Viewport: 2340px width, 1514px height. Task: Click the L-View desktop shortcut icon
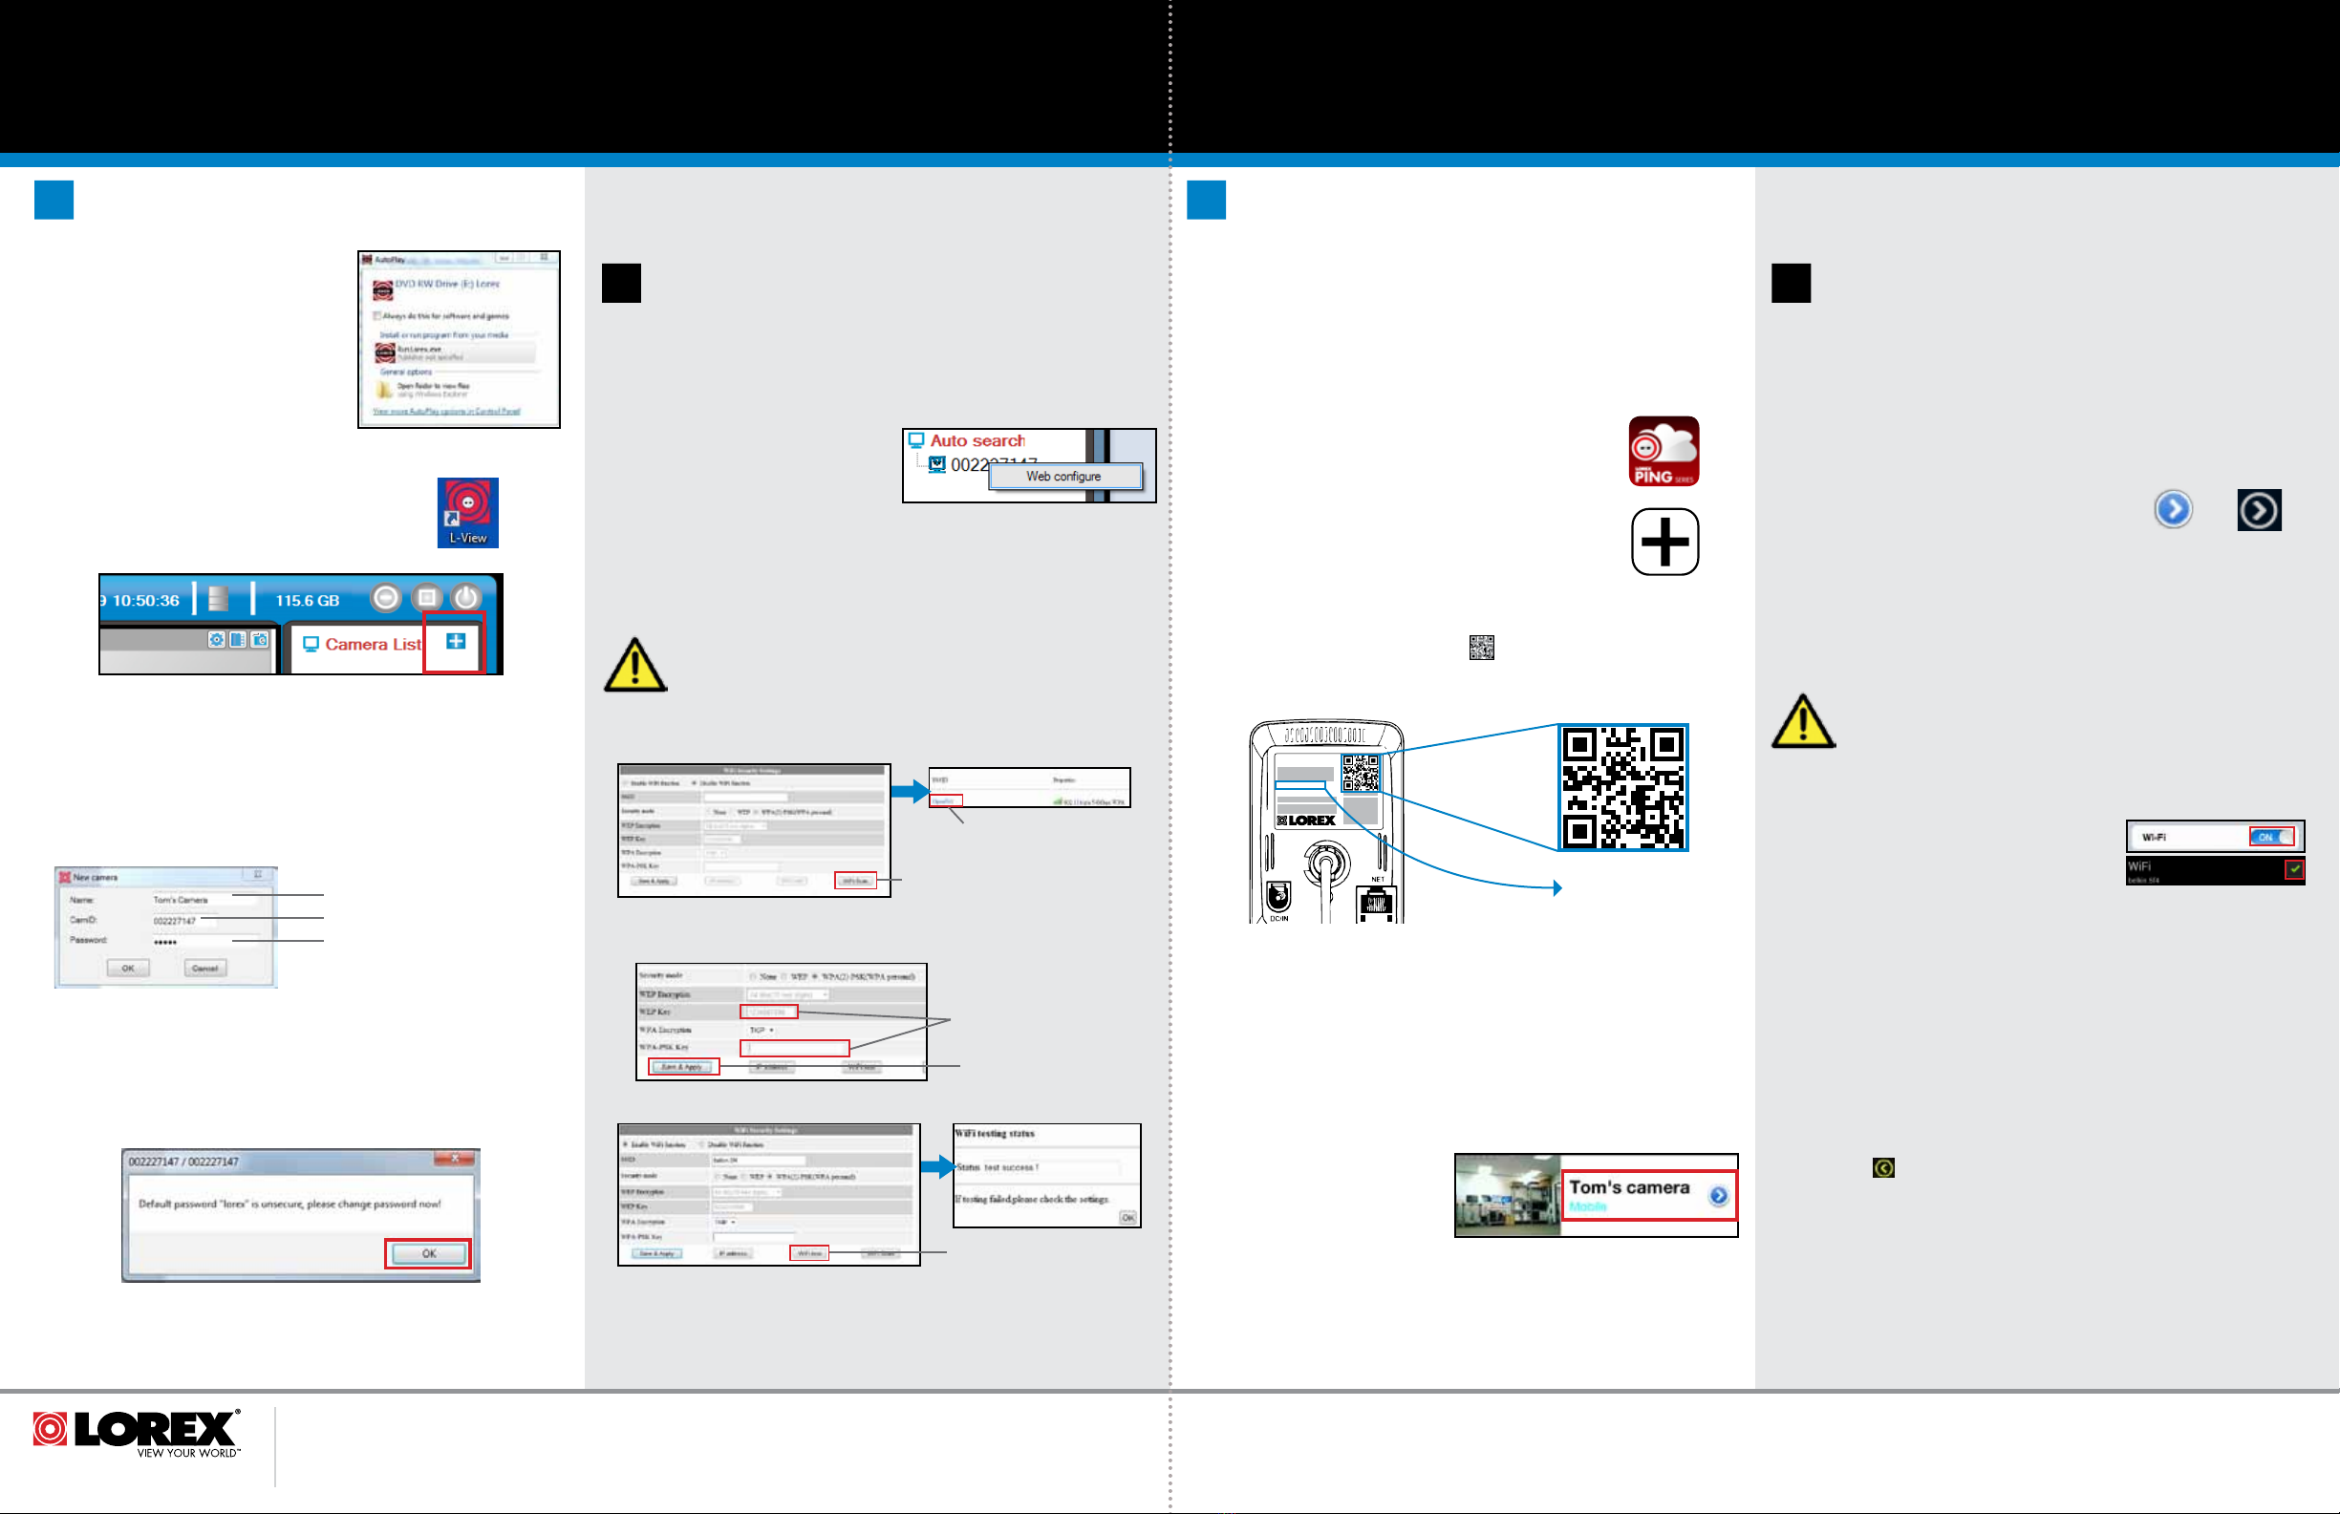[x=467, y=512]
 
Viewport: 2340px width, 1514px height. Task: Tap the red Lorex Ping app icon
[x=1664, y=451]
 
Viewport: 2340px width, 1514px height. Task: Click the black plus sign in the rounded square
[x=1664, y=542]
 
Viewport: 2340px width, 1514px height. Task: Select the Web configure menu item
[x=1063, y=477]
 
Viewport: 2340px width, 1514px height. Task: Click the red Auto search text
[x=977, y=440]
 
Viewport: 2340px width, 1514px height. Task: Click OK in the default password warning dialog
[x=428, y=1253]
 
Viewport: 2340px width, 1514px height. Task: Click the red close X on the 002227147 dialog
[x=455, y=1159]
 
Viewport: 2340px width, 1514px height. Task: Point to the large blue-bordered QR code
[x=1622, y=787]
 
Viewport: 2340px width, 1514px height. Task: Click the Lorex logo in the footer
[x=137, y=1433]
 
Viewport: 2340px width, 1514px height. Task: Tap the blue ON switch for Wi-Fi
[x=2270, y=837]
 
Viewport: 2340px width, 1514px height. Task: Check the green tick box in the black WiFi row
[x=2294, y=869]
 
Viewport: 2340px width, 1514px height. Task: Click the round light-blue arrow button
[x=2173, y=509]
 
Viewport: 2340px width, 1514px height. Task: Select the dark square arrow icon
[x=2259, y=510]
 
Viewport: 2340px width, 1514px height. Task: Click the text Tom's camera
[x=1628, y=1187]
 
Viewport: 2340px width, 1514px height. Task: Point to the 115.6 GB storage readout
[x=307, y=601]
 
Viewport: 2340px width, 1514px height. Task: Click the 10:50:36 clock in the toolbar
[x=145, y=601]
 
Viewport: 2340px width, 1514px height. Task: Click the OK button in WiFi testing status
[x=1127, y=1218]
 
